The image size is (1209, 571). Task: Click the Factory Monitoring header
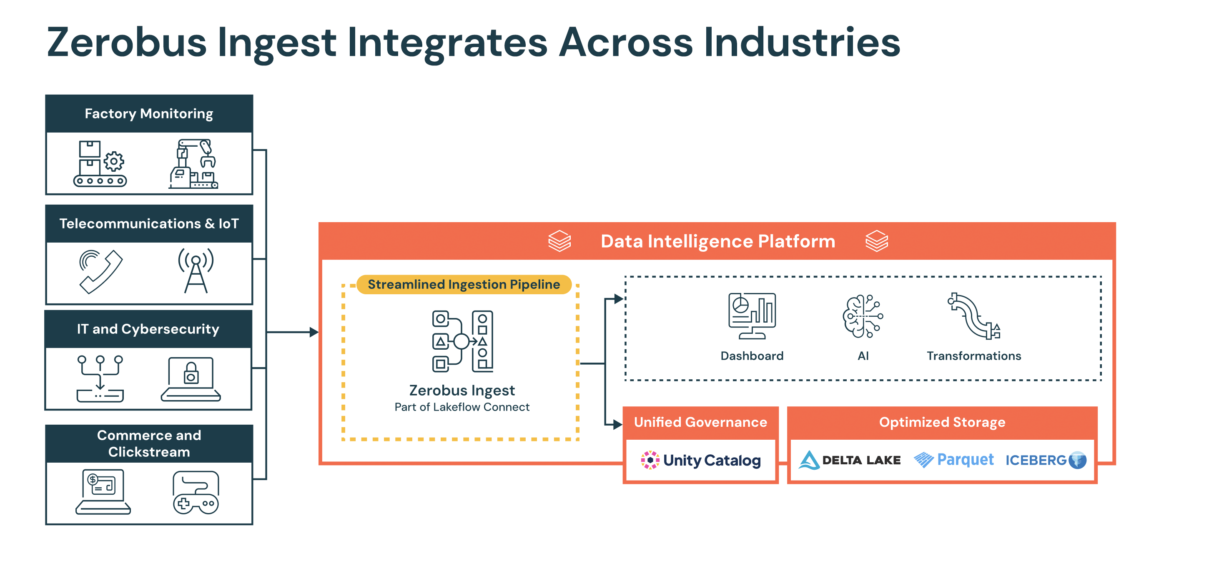tap(149, 113)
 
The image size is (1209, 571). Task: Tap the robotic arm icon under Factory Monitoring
tap(193, 164)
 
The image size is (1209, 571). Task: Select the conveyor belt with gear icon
tap(100, 164)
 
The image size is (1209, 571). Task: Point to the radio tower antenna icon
tap(196, 271)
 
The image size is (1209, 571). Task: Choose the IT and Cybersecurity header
tap(148, 329)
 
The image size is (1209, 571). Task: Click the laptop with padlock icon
tap(191, 379)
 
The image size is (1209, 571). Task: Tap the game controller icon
tap(196, 493)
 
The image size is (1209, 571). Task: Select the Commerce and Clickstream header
tap(149, 443)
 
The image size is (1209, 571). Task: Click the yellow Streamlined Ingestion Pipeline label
tap(464, 284)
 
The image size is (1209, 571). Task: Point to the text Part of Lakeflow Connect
tap(462, 407)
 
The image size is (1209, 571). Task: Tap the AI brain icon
tap(863, 316)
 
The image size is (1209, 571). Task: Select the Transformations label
tap(973, 356)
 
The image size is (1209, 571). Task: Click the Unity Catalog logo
tap(701, 460)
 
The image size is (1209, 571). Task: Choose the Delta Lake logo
tap(850, 460)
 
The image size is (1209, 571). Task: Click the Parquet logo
tap(954, 460)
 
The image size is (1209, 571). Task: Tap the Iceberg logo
tap(1046, 460)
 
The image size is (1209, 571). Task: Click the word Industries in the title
tap(802, 42)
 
